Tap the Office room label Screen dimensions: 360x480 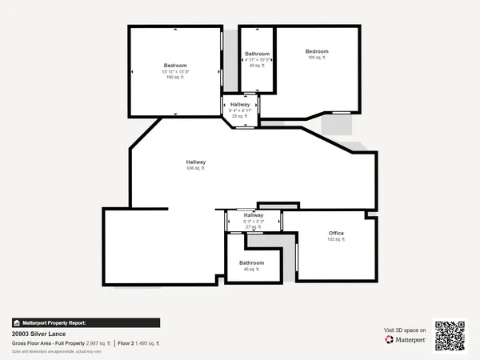336,233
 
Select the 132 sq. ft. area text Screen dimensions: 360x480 336,239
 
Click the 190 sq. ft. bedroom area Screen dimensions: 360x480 175,78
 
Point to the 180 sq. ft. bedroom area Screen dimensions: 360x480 317,58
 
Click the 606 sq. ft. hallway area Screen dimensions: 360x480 196,169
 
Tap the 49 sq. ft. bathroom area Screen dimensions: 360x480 258,66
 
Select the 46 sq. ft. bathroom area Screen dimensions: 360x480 251,269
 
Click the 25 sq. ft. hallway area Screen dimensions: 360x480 241,116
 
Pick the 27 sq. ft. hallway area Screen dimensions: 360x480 254,226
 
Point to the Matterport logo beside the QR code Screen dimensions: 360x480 405,339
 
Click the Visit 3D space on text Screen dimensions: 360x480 405,329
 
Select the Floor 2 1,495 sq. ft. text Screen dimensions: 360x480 139,343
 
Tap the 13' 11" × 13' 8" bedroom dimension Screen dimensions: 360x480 175,72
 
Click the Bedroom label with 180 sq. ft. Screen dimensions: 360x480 317,51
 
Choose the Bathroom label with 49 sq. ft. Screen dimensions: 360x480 258,54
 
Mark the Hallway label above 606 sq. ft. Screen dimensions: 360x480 196,162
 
